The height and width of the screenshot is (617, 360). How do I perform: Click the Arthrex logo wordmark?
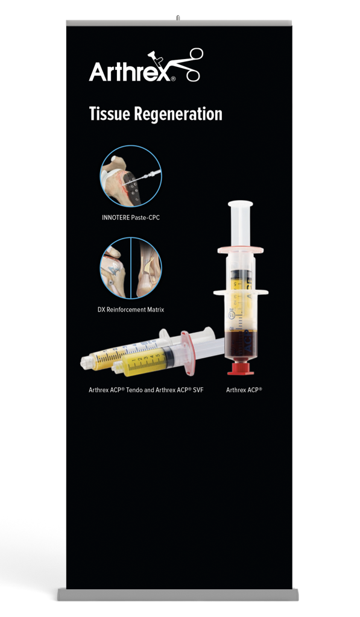click(130, 72)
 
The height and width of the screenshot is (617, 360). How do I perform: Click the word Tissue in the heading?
click(109, 114)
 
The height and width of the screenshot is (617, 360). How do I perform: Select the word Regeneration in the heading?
click(178, 114)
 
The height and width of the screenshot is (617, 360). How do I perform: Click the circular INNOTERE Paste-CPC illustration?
click(130, 176)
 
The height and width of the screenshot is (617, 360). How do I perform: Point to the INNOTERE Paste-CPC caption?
click(131, 218)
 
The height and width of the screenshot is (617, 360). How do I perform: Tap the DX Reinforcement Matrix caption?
click(131, 310)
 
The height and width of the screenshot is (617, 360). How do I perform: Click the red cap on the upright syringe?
click(240, 368)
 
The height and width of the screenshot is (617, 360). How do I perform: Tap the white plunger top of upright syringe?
click(240, 204)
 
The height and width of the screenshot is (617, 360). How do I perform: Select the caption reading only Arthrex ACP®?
click(244, 390)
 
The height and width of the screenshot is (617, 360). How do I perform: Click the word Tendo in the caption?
click(136, 390)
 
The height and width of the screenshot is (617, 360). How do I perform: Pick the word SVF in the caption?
click(198, 390)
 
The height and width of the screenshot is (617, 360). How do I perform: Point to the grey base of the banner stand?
click(178, 594)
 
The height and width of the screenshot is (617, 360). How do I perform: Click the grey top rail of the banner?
click(179, 23)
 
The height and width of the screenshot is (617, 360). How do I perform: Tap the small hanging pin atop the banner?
click(178, 17)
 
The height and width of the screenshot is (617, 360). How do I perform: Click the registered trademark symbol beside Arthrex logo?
click(173, 79)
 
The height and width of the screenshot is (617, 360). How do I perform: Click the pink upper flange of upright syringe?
click(240, 250)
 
